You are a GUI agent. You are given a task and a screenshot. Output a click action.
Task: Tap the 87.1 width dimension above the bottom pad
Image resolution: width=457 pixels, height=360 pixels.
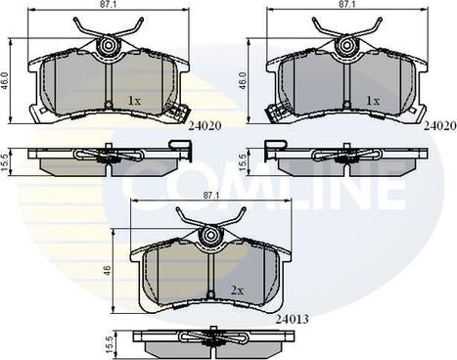(210, 195)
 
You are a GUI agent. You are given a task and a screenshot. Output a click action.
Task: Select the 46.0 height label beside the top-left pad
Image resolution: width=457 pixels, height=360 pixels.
(6, 81)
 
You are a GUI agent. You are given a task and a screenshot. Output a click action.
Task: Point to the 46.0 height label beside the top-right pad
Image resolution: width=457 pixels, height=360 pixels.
(245, 81)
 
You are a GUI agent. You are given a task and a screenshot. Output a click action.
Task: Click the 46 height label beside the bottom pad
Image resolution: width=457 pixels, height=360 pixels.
(108, 270)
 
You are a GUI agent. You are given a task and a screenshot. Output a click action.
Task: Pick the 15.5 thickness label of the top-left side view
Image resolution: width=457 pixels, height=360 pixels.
(6, 162)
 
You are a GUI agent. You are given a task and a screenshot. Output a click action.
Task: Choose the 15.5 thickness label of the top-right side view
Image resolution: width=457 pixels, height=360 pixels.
(244, 162)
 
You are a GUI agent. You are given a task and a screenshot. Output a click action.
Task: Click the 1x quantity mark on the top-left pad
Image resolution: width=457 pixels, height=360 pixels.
(134, 101)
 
